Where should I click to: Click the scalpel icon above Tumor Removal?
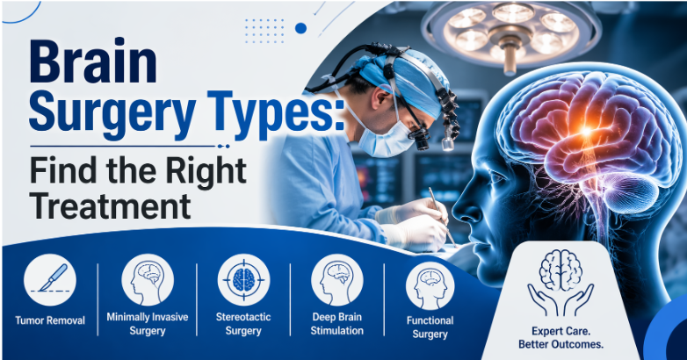pos(50,279)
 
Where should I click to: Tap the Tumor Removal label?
pos(50,320)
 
